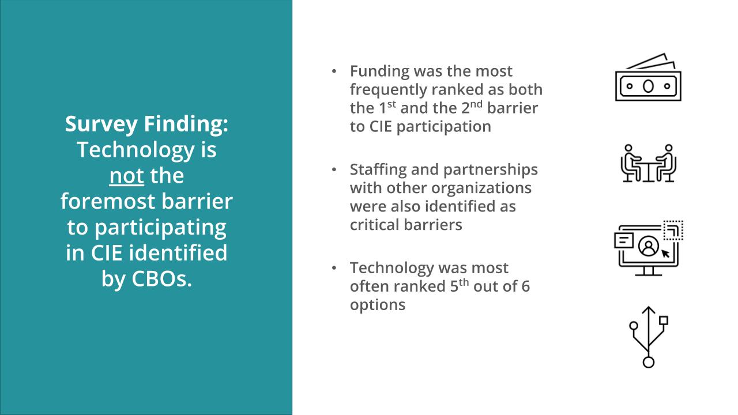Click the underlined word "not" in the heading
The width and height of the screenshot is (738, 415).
126,175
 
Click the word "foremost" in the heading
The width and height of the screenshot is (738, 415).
100,201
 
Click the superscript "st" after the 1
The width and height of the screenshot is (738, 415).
391,104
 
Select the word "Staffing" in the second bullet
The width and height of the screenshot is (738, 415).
378,169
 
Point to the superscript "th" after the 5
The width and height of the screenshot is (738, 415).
464,282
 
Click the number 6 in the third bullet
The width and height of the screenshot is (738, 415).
525,286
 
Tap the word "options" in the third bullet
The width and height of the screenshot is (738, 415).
378,304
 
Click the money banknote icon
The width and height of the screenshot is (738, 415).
648,78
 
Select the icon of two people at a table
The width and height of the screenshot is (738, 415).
649,163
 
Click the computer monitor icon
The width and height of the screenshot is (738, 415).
648,248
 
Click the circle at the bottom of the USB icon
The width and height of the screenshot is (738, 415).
649,362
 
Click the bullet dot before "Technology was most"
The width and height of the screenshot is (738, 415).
334,268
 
